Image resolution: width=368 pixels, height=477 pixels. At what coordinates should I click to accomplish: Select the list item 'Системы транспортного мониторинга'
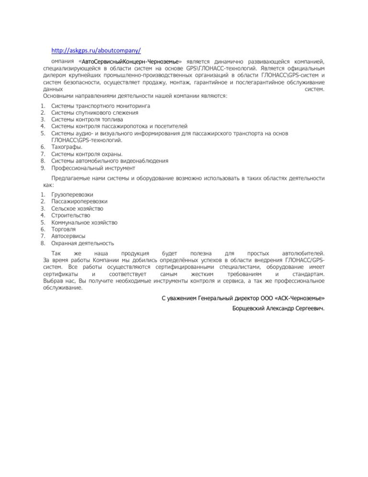[101, 105]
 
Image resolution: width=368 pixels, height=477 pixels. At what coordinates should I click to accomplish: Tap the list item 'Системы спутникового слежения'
[95, 112]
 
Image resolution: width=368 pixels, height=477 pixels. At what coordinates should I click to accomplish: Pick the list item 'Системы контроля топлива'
[87, 119]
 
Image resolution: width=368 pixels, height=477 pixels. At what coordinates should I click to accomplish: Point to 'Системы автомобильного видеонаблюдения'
[109, 161]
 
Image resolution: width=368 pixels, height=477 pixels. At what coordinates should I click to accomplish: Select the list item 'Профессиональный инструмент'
[93, 168]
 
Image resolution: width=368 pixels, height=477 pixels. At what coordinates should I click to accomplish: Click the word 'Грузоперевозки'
[72, 195]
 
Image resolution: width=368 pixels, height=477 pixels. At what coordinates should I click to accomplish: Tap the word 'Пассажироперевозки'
[79, 202]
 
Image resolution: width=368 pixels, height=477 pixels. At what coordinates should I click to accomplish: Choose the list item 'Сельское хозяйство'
[77, 209]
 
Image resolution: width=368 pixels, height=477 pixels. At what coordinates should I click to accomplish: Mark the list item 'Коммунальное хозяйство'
[84, 223]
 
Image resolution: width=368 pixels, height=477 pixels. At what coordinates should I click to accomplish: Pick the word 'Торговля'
[63, 229]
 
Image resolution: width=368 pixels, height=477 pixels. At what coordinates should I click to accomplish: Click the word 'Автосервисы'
[68, 236]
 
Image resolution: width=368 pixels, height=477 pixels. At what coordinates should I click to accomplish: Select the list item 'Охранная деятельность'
[82, 243]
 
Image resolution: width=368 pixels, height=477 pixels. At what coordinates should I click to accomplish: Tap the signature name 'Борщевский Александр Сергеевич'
[277, 308]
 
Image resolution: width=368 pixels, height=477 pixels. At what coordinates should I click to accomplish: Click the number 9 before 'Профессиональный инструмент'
[43, 168]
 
